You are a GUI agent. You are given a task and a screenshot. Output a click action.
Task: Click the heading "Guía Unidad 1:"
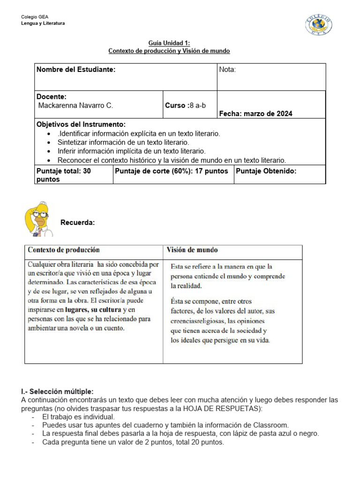(169, 43)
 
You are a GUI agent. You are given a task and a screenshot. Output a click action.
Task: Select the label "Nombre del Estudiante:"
(76, 70)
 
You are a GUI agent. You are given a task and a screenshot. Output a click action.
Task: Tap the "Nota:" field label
(227, 70)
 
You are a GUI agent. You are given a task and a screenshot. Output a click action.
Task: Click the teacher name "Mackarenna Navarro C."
(75, 106)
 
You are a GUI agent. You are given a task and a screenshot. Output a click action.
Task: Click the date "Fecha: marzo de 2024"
(255, 114)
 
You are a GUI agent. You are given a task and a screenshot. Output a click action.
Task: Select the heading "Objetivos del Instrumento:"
(81, 124)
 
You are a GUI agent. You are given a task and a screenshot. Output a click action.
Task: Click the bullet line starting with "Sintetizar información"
(123, 142)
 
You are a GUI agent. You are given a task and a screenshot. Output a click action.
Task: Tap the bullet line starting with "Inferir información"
(131, 151)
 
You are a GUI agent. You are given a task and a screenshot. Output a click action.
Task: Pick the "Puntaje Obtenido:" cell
(266, 171)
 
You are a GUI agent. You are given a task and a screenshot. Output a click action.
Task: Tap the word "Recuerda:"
(78, 222)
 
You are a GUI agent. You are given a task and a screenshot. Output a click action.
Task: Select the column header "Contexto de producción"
(64, 250)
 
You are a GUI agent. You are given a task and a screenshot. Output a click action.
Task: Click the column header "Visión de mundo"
(192, 250)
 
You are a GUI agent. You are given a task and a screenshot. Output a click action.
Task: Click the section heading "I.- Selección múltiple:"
(57, 391)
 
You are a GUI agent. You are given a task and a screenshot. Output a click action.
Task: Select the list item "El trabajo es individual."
(78, 417)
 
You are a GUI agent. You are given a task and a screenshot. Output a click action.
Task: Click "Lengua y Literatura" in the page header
(43, 23)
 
